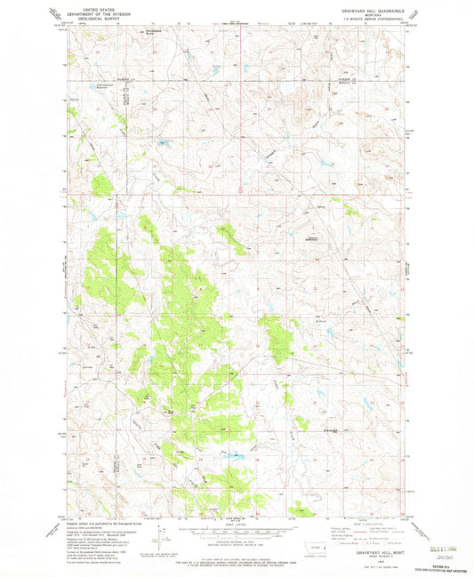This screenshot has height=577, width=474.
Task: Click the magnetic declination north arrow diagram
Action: [160, 533]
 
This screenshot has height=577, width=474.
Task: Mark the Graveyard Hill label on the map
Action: [314, 238]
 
